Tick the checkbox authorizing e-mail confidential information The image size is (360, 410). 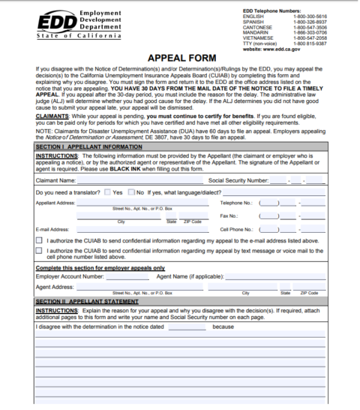pos(39,240)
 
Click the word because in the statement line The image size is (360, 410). pos(224,327)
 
